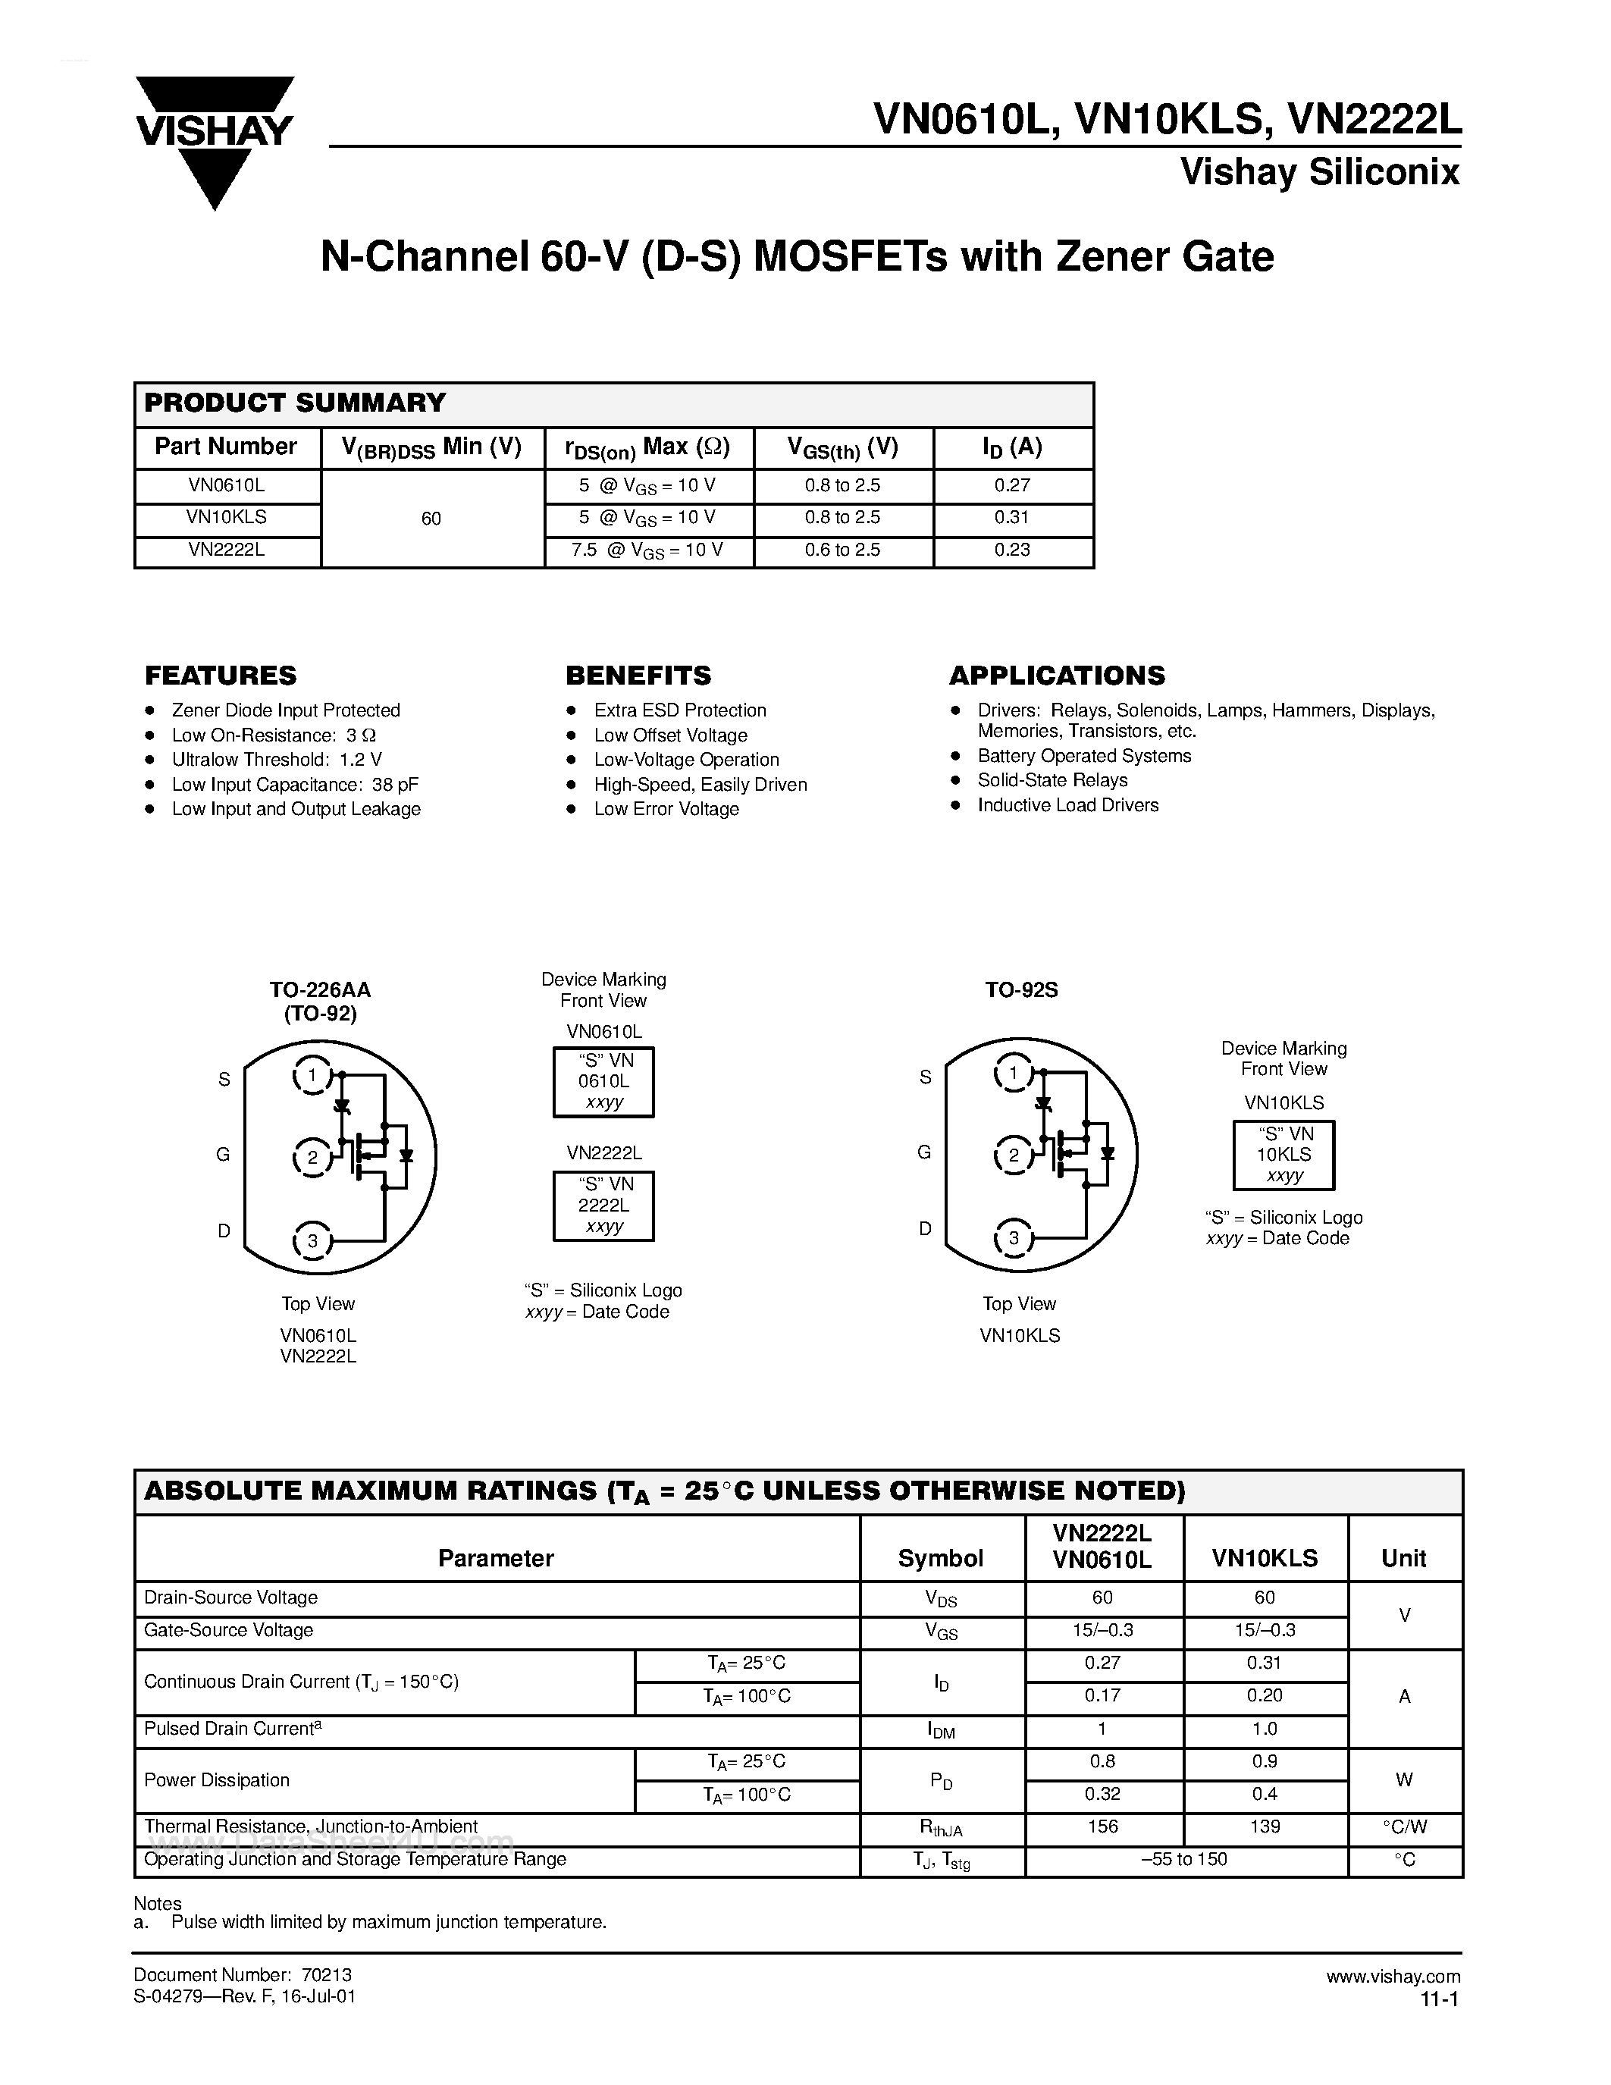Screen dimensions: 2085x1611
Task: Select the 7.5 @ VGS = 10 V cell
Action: (648, 551)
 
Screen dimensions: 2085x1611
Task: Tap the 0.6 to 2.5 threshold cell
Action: (843, 550)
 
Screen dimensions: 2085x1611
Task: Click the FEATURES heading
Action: (221, 676)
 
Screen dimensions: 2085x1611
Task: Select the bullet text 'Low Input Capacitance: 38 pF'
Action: (295, 785)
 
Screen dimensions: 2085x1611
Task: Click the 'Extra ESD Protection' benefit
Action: (679, 710)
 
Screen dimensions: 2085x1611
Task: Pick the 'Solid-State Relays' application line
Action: (1052, 780)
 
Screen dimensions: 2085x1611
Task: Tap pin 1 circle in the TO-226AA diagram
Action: (311, 1076)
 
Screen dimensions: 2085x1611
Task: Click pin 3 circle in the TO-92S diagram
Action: (1014, 1239)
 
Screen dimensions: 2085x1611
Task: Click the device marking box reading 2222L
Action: (603, 1206)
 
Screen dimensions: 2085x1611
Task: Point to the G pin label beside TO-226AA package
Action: (224, 1155)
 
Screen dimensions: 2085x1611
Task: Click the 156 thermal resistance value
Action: (1102, 1827)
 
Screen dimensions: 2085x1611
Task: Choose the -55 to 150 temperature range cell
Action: (1184, 1860)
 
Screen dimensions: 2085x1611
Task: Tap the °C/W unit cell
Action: (1404, 1827)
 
